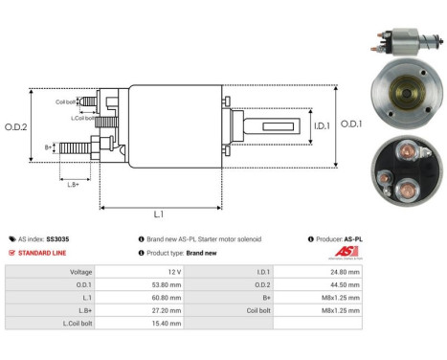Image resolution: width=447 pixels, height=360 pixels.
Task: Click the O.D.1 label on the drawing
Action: [352, 124]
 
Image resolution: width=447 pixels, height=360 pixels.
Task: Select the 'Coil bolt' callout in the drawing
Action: [66, 101]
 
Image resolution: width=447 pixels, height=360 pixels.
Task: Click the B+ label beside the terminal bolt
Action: [49, 147]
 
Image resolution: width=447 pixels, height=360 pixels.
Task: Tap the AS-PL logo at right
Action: [343, 254]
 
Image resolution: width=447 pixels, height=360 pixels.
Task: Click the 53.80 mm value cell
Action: [168, 284]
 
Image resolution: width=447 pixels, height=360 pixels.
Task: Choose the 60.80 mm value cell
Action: [168, 298]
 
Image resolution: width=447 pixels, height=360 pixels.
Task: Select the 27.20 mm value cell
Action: [168, 311]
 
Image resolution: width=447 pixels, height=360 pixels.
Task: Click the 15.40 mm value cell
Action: [168, 325]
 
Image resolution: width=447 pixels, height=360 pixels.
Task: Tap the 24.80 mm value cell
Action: [344, 272]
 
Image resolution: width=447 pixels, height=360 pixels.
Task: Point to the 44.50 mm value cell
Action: [344, 284]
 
